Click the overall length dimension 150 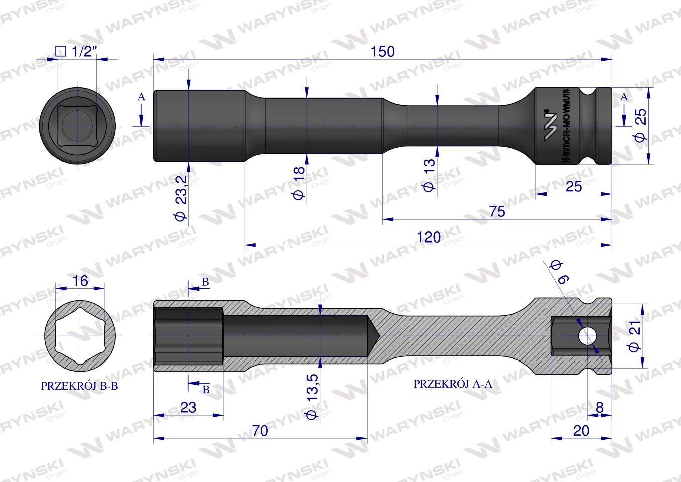click(383, 52)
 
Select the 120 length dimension click(428, 237)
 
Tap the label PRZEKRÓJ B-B click(79, 386)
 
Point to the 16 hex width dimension click(80, 281)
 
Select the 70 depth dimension click(260, 431)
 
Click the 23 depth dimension click(188, 407)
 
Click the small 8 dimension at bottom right click(599, 407)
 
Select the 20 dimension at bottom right click(581, 431)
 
